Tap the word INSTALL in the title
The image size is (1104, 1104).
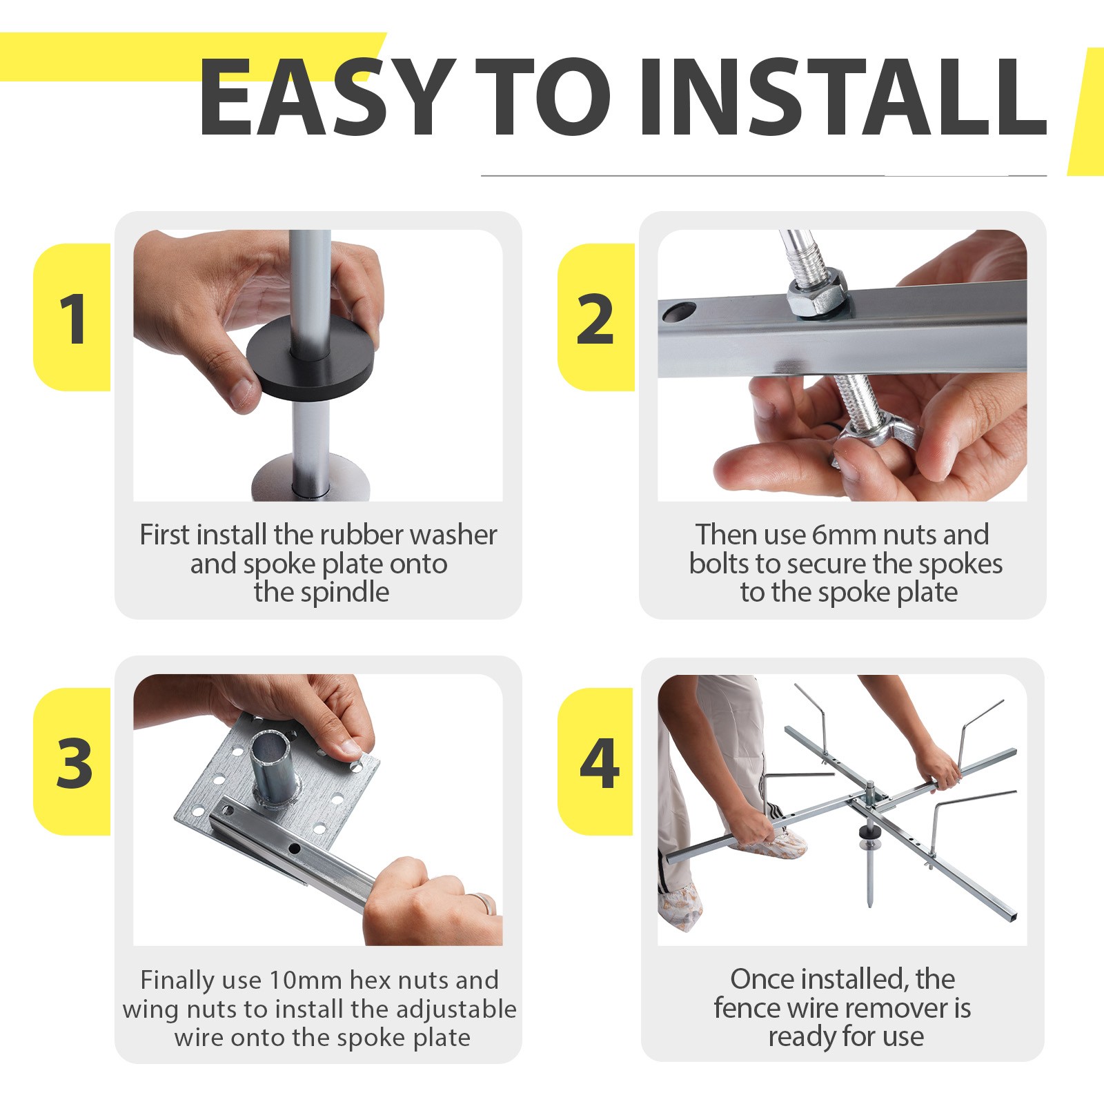pyautogui.click(x=843, y=97)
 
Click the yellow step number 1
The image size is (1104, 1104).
pyautogui.click(x=73, y=319)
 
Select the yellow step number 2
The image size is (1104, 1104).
pyautogui.click(x=595, y=319)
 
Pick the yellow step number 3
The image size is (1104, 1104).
pyautogui.click(x=75, y=763)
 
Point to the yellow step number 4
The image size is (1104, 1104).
pyautogui.click(x=599, y=763)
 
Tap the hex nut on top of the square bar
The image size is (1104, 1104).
pyautogui.click(x=817, y=293)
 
